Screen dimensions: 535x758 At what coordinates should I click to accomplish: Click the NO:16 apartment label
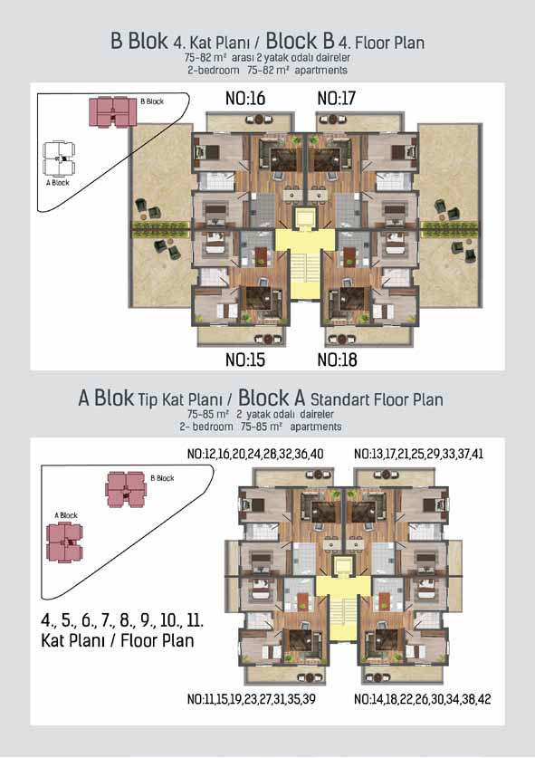click(x=245, y=98)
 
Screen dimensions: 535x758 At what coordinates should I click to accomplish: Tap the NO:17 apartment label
click(x=336, y=98)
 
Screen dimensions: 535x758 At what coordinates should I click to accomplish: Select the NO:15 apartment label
click(x=245, y=360)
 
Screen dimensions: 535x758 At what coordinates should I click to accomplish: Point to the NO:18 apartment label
click(x=337, y=360)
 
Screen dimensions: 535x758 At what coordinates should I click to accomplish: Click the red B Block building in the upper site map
click(x=112, y=111)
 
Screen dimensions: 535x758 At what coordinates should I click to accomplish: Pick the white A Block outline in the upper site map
click(x=59, y=158)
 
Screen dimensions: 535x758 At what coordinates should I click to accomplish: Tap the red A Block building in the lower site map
click(x=64, y=542)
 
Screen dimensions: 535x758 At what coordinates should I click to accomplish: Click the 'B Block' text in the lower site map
click(x=162, y=478)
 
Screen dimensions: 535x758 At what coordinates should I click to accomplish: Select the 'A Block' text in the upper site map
click(x=58, y=183)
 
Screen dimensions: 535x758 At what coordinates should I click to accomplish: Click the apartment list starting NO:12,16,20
click(x=255, y=454)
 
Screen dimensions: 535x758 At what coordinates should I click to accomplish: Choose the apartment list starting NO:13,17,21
click(x=418, y=454)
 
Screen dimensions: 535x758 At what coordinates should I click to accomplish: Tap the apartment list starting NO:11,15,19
click(x=252, y=699)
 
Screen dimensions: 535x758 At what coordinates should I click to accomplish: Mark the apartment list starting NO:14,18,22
click(x=423, y=699)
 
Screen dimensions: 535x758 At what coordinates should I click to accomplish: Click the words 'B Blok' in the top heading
click(x=139, y=41)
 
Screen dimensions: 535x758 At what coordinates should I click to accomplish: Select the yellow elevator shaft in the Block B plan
click(x=304, y=219)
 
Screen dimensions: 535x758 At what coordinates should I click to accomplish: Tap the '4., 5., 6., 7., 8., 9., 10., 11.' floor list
click(x=122, y=619)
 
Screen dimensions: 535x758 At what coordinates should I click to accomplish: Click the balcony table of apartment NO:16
click(x=260, y=119)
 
